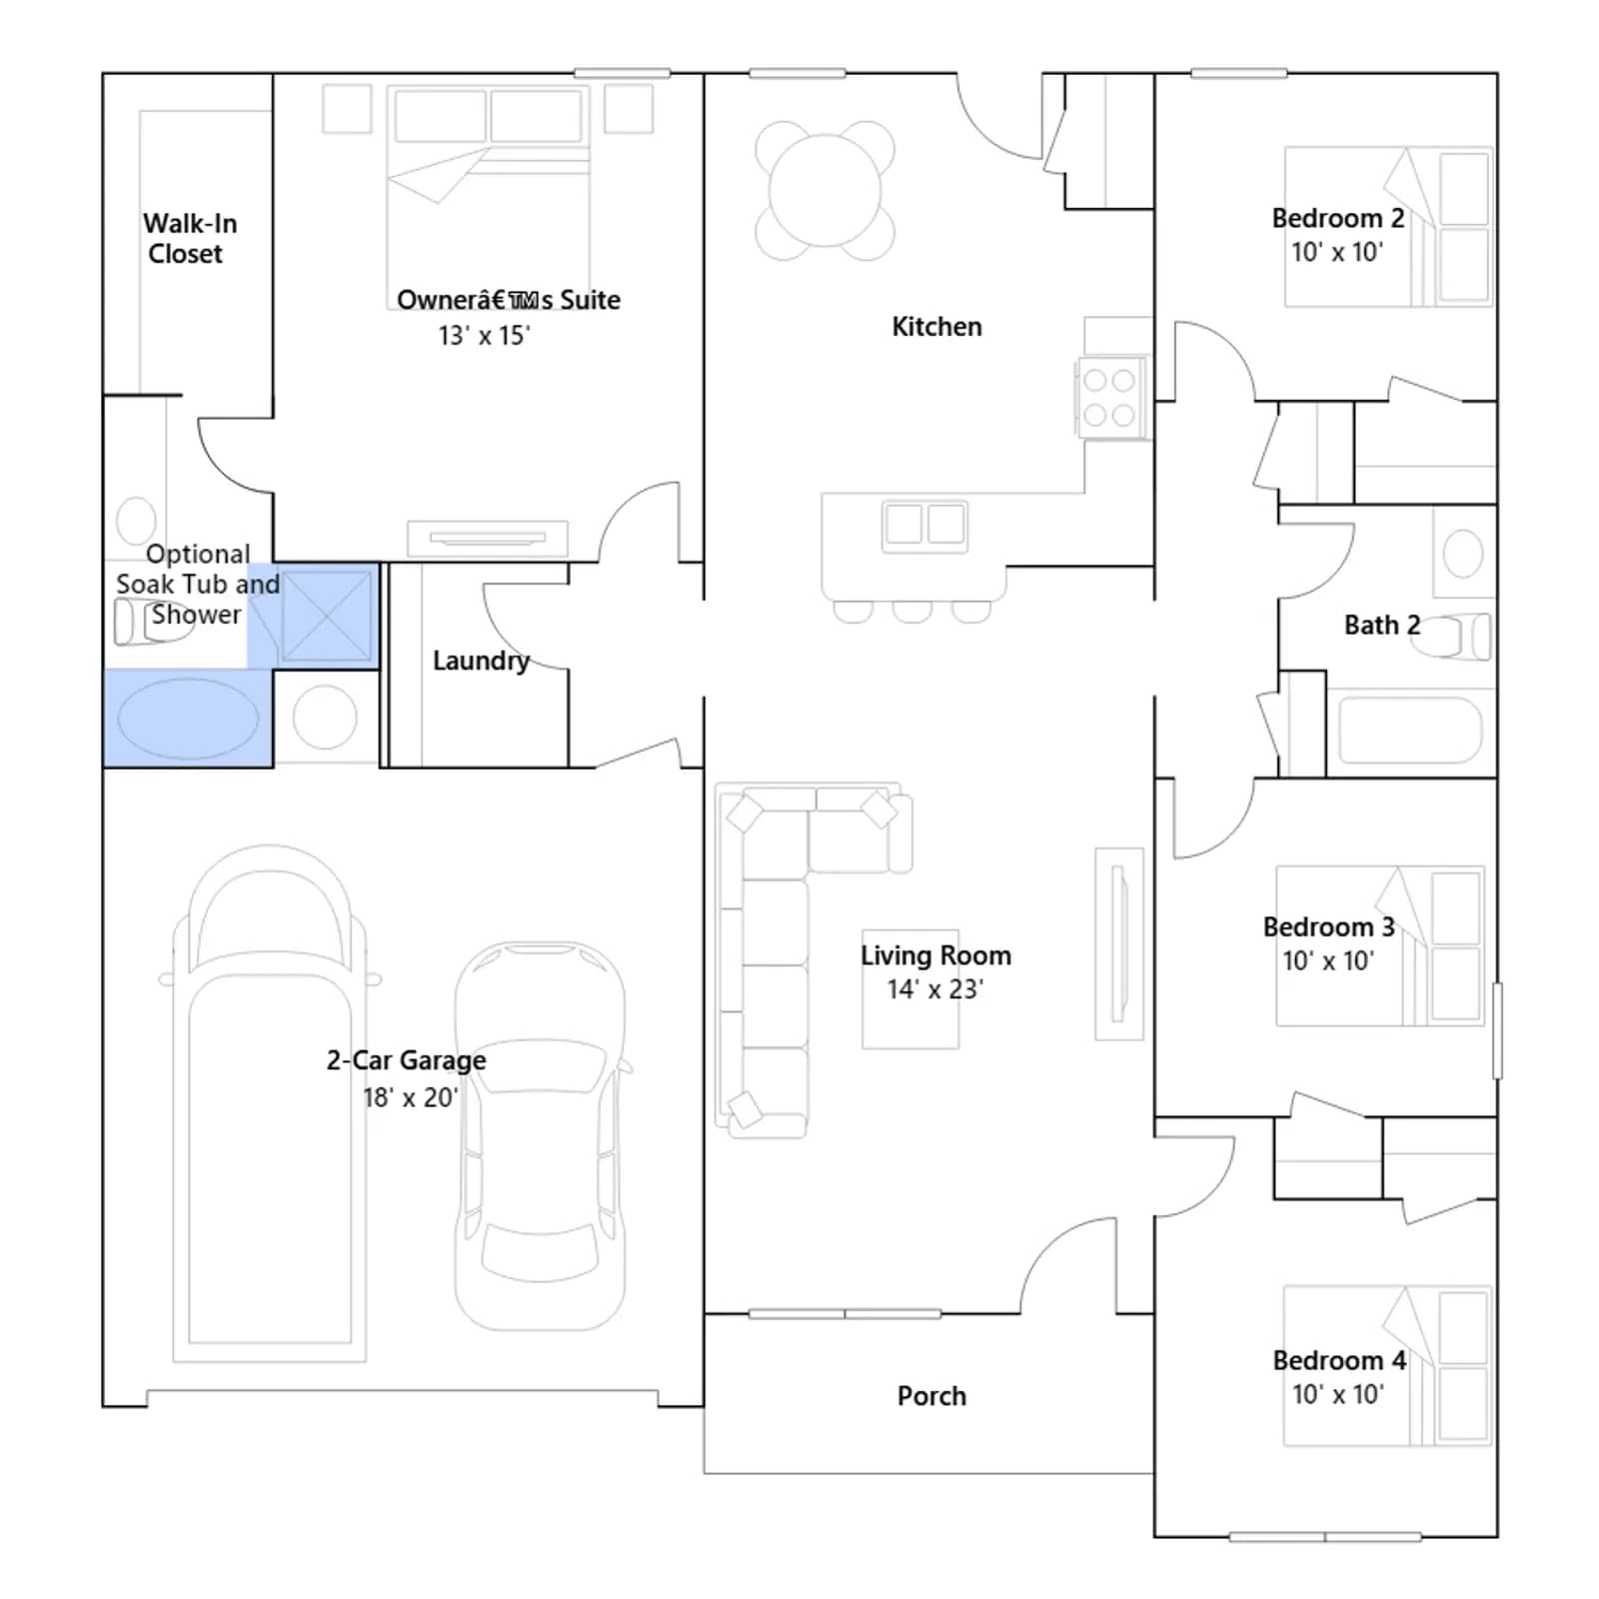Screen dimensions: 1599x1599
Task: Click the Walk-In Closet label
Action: click(x=190, y=239)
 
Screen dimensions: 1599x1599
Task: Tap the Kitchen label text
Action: click(x=936, y=327)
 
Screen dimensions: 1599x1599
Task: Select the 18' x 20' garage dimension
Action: click(x=410, y=1097)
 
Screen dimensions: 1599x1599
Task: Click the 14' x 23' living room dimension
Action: click(x=935, y=989)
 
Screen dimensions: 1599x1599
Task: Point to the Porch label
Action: click(x=931, y=1396)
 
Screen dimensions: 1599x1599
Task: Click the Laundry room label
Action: click(x=481, y=661)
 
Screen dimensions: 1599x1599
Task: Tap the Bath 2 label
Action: click(x=1382, y=626)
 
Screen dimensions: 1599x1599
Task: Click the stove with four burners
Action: click(x=1109, y=397)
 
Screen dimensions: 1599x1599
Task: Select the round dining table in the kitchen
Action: click(x=825, y=191)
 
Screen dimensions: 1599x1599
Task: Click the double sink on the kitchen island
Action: click(x=924, y=525)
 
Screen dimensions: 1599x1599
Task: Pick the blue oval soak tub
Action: click(x=188, y=719)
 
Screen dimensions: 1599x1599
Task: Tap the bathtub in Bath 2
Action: click(x=1409, y=730)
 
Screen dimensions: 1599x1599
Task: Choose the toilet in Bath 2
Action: click(x=1451, y=636)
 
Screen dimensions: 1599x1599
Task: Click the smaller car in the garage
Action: click(x=541, y=1135)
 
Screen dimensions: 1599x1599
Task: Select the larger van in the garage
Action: click(x=269, y=1103)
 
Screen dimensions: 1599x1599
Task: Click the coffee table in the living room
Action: click(x=910, y=989)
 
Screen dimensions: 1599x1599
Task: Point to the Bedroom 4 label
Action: click(x=1339, y=1360)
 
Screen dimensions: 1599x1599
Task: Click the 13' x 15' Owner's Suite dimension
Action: click(x=484, y=336)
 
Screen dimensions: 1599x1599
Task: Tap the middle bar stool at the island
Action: click(x=912, y=611)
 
